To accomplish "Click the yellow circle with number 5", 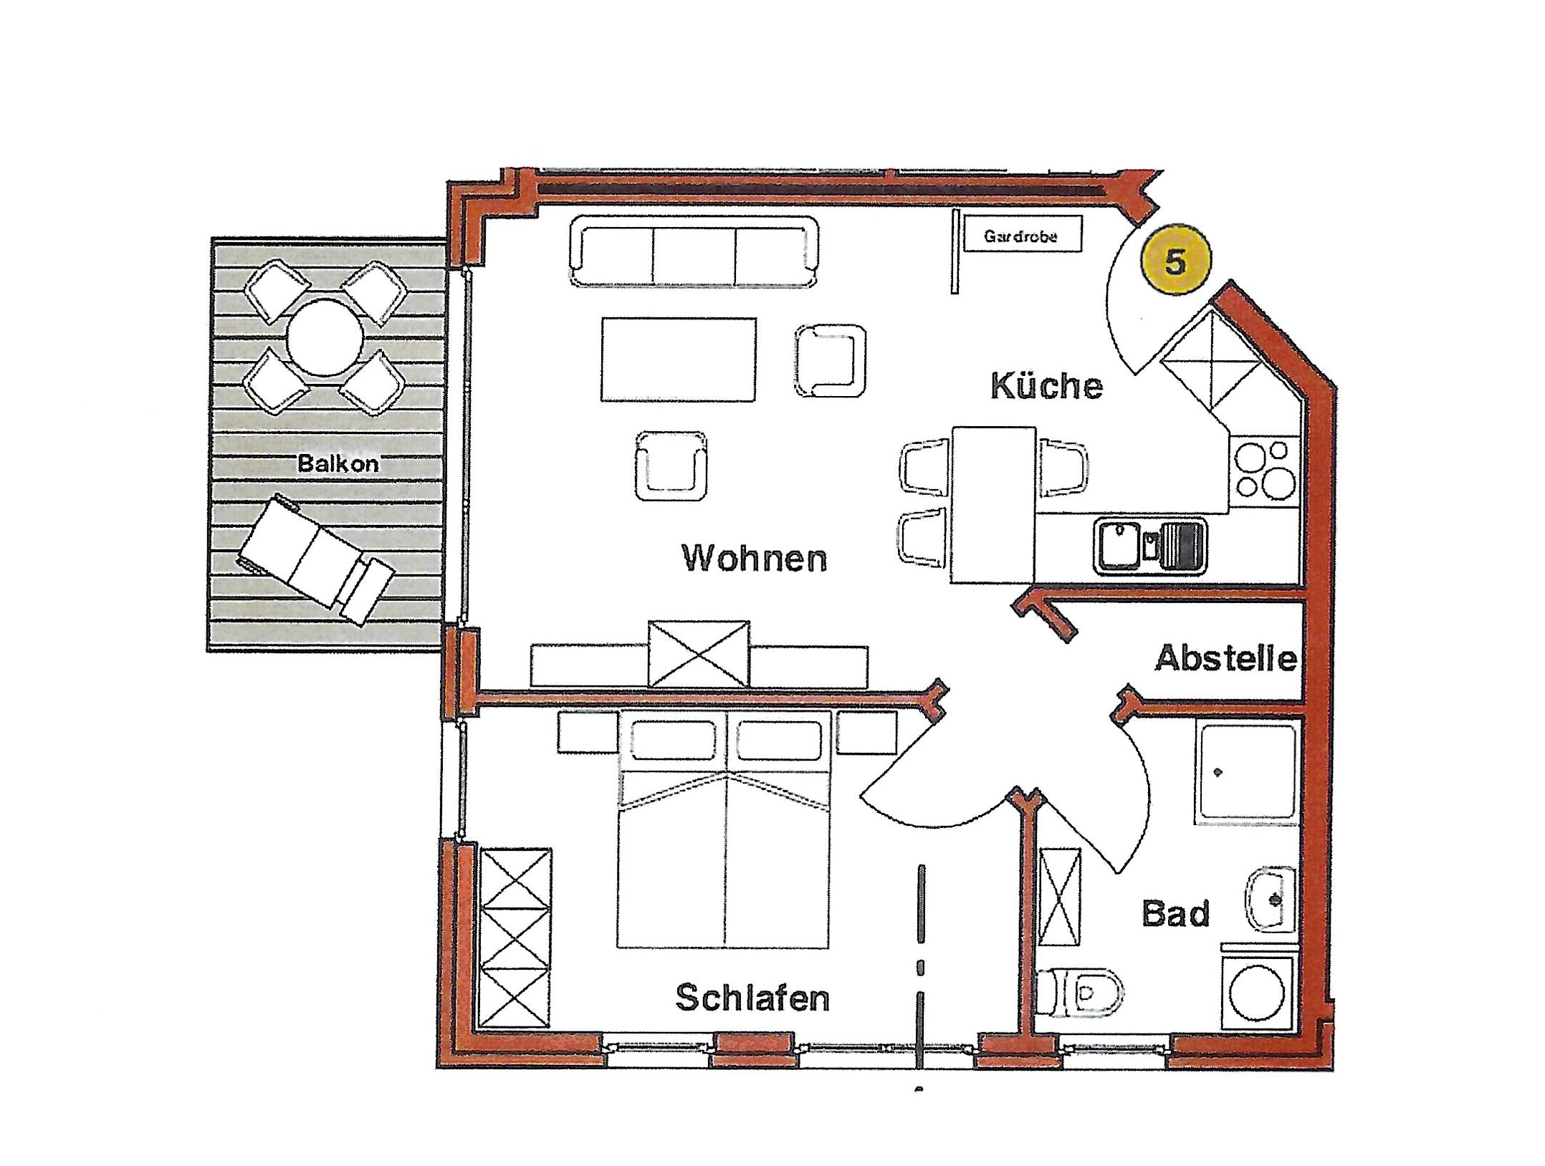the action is tap(1175, 262).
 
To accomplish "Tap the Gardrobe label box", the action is tap(1021, 236).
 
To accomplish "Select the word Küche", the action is tap(1046, 386).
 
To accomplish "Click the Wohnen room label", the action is tap(755, 558).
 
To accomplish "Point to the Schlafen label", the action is tap(752, 998).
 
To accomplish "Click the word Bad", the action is tap(1175, 913).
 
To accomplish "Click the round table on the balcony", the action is tap(325, 337).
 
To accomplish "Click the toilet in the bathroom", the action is tap(1080, 992).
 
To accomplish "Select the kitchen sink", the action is tap(1150, 547).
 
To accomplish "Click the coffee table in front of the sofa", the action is tap(678, 360).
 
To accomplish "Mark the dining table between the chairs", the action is tap(994, 505).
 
